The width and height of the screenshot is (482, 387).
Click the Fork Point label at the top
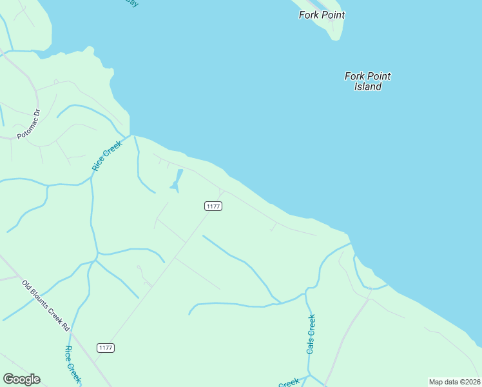click(322, 15)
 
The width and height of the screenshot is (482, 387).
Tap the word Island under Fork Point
click(368, 86)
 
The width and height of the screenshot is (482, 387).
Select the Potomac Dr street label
click(28, 124)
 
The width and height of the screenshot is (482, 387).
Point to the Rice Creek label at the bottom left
click(72, 364)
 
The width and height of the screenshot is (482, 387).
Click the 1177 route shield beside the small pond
click(213, 206)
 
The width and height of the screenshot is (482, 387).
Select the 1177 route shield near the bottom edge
click(106, 348)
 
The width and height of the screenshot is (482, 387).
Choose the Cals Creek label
click(311, 333)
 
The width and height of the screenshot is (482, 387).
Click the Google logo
click(21, 379)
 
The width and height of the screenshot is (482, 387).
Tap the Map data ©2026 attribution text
click(454, 382)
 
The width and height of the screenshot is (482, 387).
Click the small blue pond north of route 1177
click(177, 180)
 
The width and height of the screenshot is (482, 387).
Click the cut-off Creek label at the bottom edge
click(289, 383)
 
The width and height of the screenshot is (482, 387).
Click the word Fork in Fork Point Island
click(354, 76)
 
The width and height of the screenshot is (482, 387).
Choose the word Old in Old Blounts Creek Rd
click(27, 284)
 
